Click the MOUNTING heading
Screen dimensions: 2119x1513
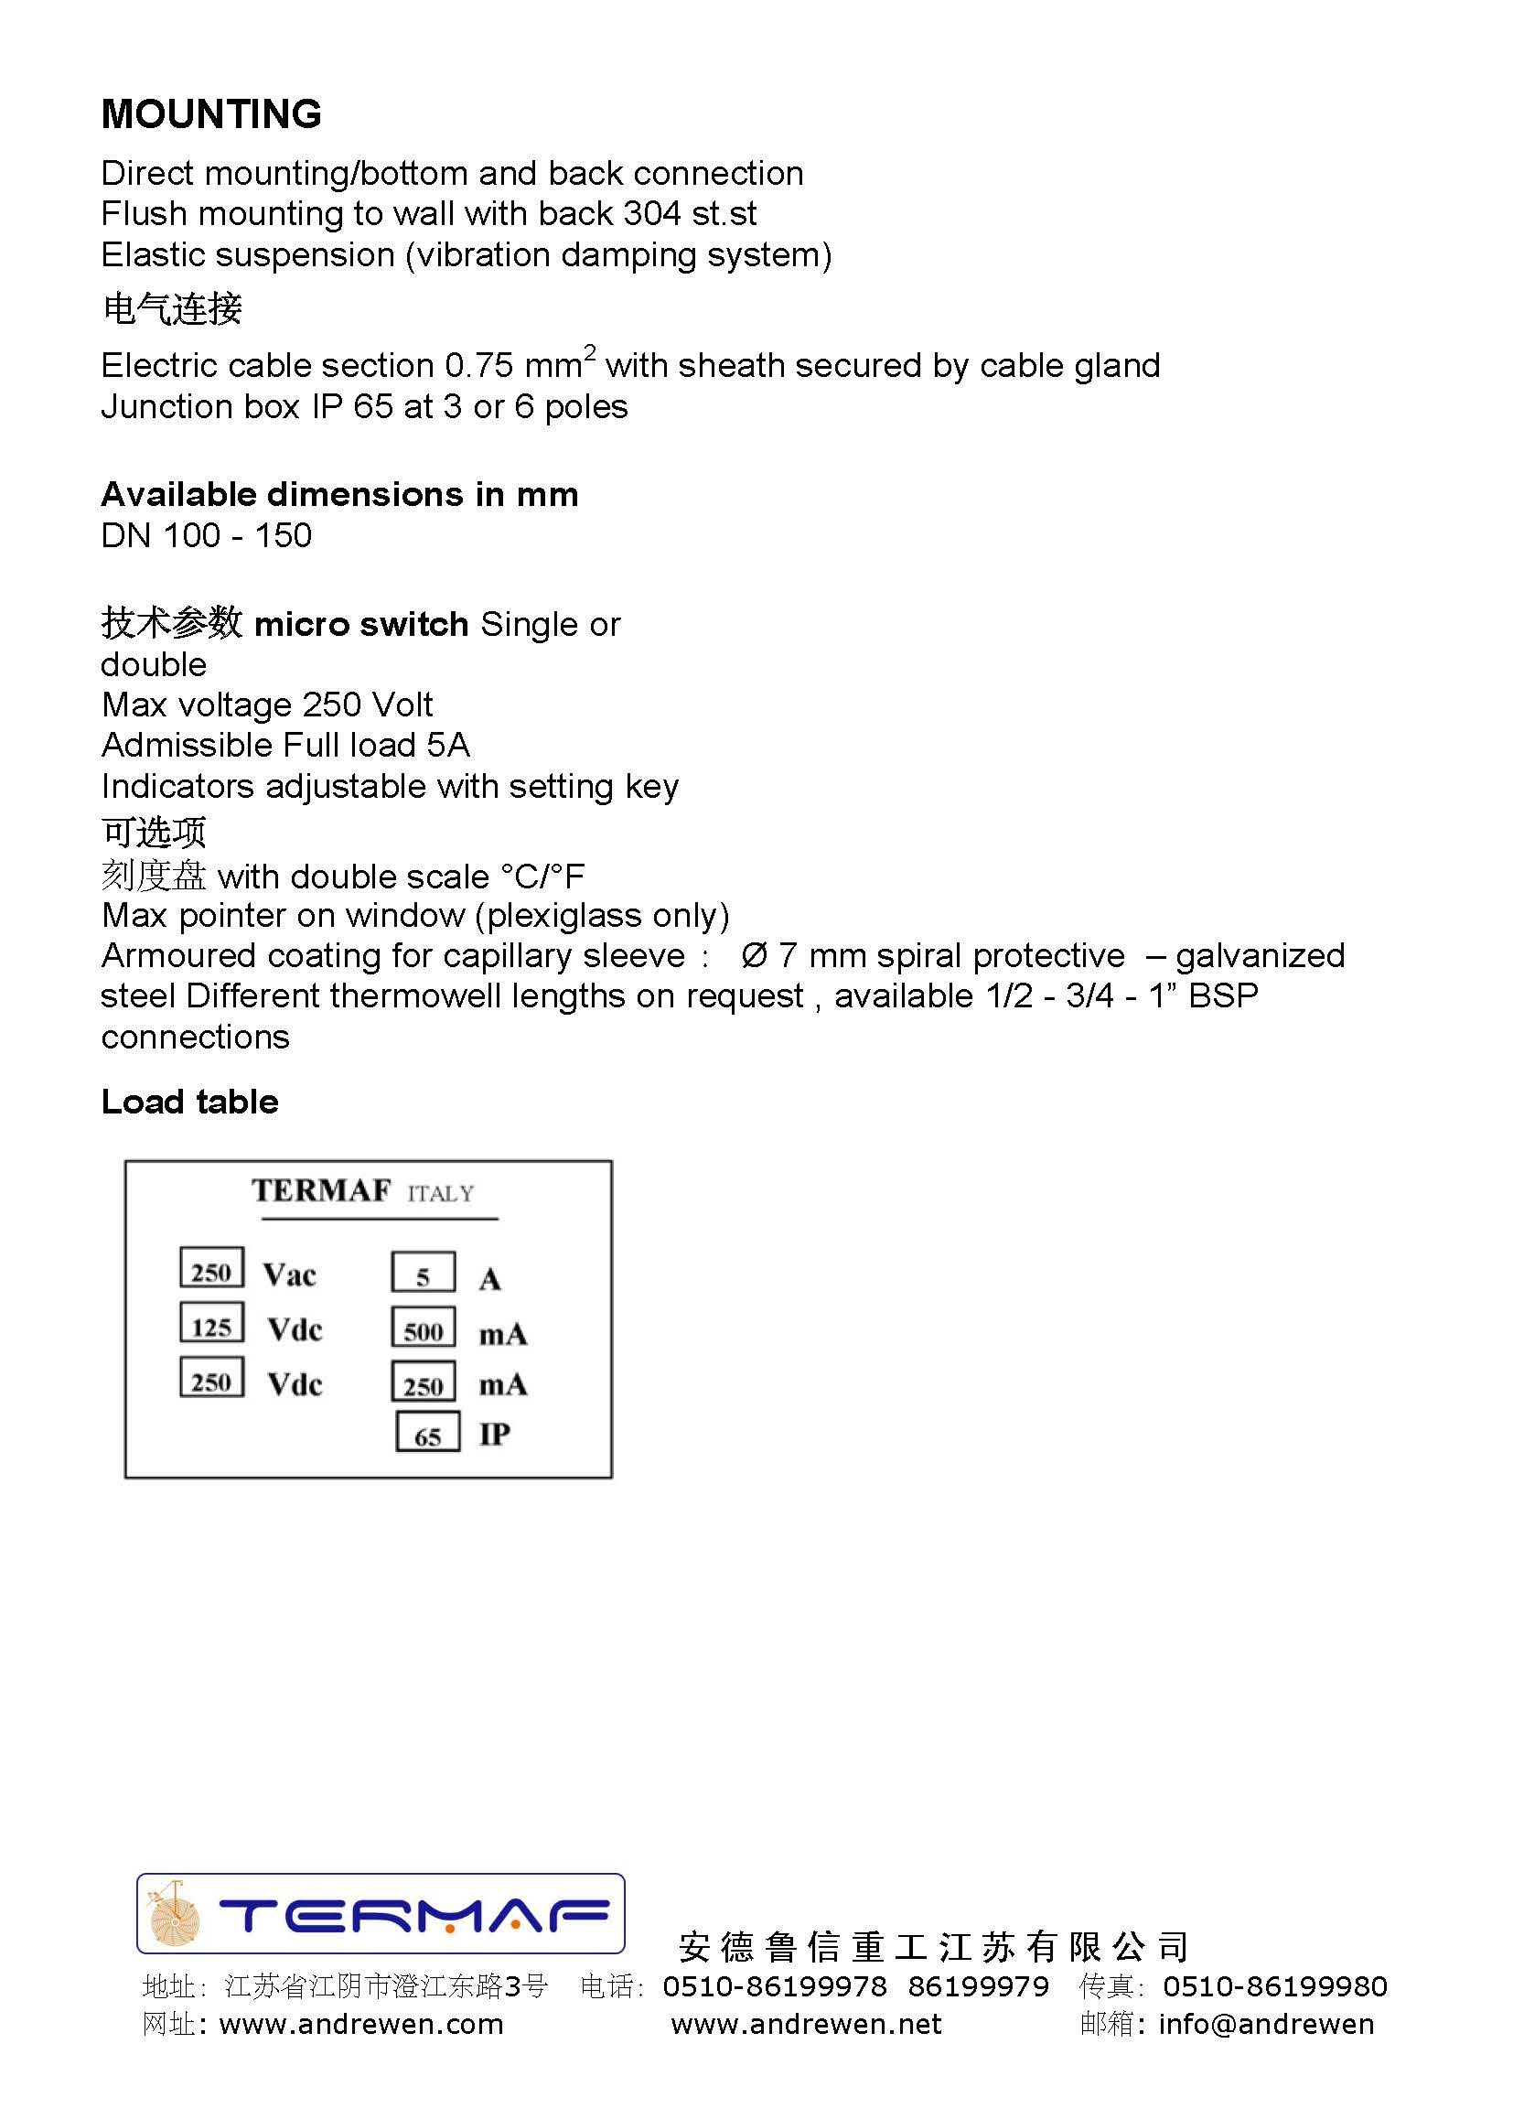(211, 114)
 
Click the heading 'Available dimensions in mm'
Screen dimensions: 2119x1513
(339, 494)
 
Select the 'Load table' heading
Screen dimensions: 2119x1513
(189, 1102)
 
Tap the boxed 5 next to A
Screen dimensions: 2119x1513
(423, 1274)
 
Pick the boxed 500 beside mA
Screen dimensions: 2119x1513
(423, 1328)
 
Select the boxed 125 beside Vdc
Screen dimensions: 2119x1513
(211, 1324)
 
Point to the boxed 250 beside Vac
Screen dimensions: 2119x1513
(211, 1269)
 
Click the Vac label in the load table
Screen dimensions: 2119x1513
(290, 1275)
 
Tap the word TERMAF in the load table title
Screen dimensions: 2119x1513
(321, 1191)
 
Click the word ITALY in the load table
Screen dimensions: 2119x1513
(441, 1194)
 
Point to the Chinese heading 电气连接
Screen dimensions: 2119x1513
(172, 308)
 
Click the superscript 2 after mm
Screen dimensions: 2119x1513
(589, 352)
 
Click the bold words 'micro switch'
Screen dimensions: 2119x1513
(361, 624)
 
